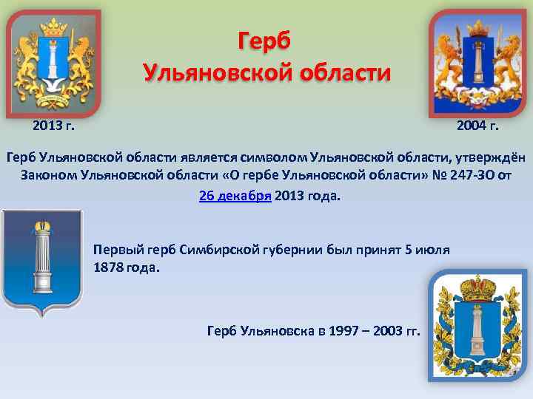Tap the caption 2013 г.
(x=53, y=126)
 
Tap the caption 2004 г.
(x=477, y=126)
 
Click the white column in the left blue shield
(x=42, y=262)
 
